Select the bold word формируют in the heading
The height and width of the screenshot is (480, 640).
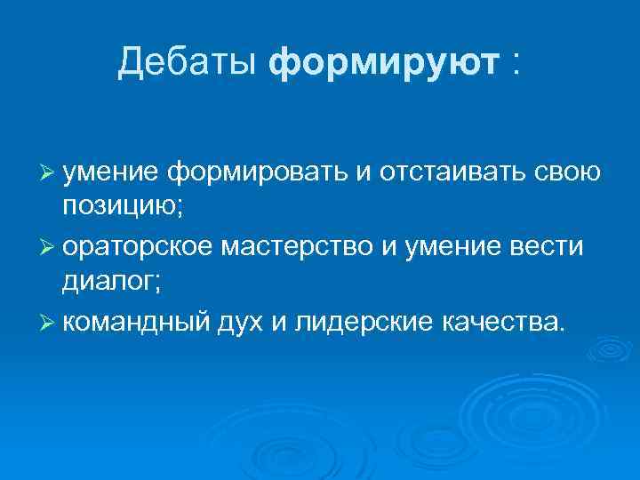click(x=383, y=62)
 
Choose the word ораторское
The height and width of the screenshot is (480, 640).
click(x=136, y=246)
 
